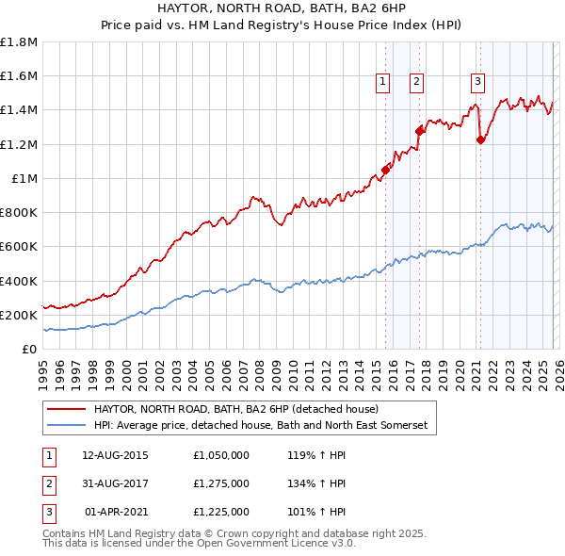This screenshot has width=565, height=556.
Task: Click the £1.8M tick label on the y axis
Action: click(19, 42)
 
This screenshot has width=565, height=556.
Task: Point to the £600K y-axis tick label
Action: click(19, 247)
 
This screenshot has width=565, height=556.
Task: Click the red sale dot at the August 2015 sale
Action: click(385, 171)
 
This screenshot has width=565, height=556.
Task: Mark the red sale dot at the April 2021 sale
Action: click(480, 140)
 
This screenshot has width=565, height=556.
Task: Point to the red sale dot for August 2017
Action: click(420, 132)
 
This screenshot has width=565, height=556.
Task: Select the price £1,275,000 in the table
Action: click(219, 483)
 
